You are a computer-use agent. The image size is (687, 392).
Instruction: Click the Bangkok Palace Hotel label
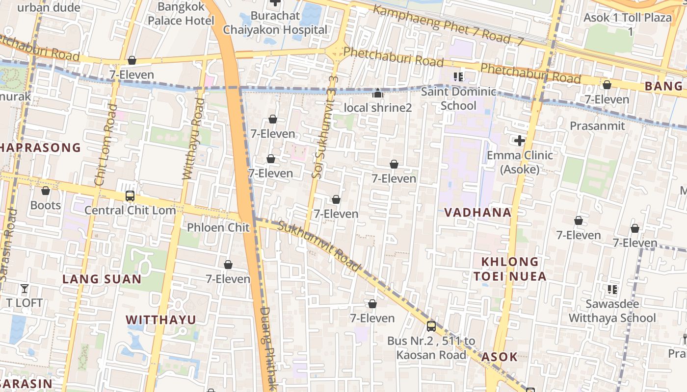click(181, 14)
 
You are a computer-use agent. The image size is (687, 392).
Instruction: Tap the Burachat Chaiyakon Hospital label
click(275, 23)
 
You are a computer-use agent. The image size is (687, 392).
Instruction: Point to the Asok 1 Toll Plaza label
click(628, 24)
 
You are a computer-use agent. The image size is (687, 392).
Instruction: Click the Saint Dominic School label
click(458, 98)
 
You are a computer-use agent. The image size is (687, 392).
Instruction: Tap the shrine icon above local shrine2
click(378, 93)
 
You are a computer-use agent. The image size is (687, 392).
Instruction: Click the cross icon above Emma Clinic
click(520, 141)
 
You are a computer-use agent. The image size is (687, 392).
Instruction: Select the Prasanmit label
click(597, 126)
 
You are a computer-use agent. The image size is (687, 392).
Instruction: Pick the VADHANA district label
click(478, 213)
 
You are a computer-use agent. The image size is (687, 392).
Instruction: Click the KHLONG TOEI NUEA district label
click(510, 269)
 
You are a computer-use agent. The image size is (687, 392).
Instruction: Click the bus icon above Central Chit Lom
click(130, 196)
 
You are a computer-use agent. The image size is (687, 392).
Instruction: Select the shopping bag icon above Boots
click(46, 191)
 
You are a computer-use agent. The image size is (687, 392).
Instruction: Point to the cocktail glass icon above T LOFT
click(25, 288)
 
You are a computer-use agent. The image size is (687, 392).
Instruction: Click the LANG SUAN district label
click(102, 279)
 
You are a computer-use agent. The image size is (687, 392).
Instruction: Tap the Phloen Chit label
click(218, 227)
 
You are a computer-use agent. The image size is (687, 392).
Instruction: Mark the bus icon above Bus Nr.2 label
click(431, 326)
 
